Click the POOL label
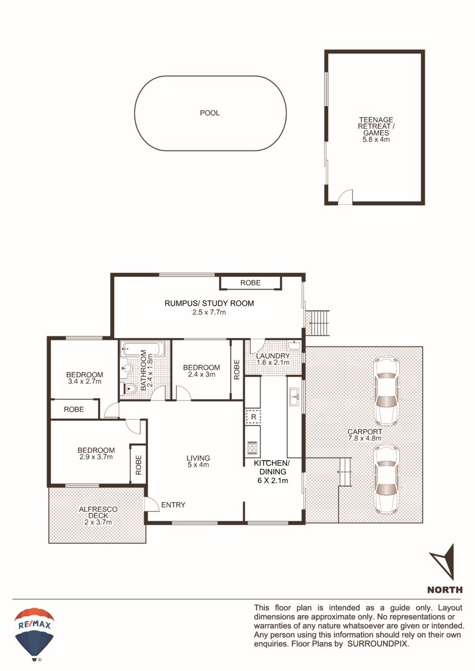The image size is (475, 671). pos(210,113)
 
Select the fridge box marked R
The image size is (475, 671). pos(253,417)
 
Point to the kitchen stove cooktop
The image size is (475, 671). pos(252,448)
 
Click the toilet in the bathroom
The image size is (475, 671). pos(129,389)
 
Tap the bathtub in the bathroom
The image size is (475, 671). pos(143,349)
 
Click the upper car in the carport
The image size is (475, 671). pos(386,391)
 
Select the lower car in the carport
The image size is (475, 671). pos(386,479)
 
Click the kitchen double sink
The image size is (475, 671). pos(295,397)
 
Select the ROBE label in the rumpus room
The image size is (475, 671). pos(250,283)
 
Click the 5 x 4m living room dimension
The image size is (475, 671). pos(198,465)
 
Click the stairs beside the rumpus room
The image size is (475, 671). pos(319,323)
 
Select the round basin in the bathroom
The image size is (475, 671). pos(128,368)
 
